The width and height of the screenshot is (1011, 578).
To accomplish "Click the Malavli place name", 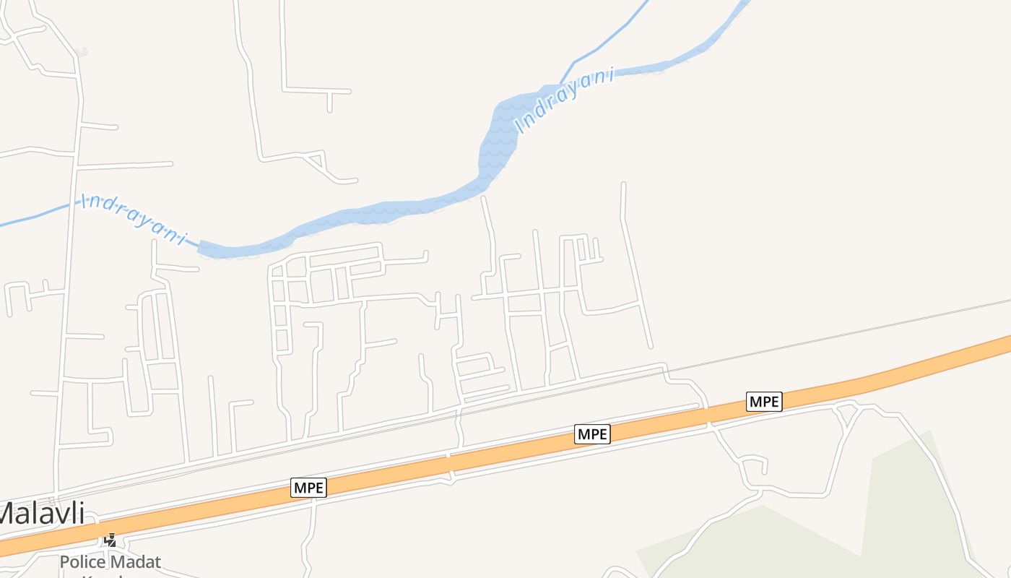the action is coord(41,514).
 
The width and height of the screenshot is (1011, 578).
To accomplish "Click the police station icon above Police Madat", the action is coord(110,540).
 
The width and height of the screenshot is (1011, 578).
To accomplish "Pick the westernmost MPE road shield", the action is coord(309,488).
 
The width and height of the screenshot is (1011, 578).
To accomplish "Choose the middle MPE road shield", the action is coord(593,434).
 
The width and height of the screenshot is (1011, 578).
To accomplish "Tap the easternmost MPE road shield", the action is coord(764,402).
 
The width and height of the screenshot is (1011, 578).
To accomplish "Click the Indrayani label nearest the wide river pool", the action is coord(565,99).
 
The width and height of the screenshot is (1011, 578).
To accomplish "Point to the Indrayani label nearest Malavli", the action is coord(134,218).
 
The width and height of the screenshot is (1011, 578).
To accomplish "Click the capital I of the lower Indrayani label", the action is coord(85,199).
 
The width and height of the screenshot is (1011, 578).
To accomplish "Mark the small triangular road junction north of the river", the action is coord(316,160).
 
